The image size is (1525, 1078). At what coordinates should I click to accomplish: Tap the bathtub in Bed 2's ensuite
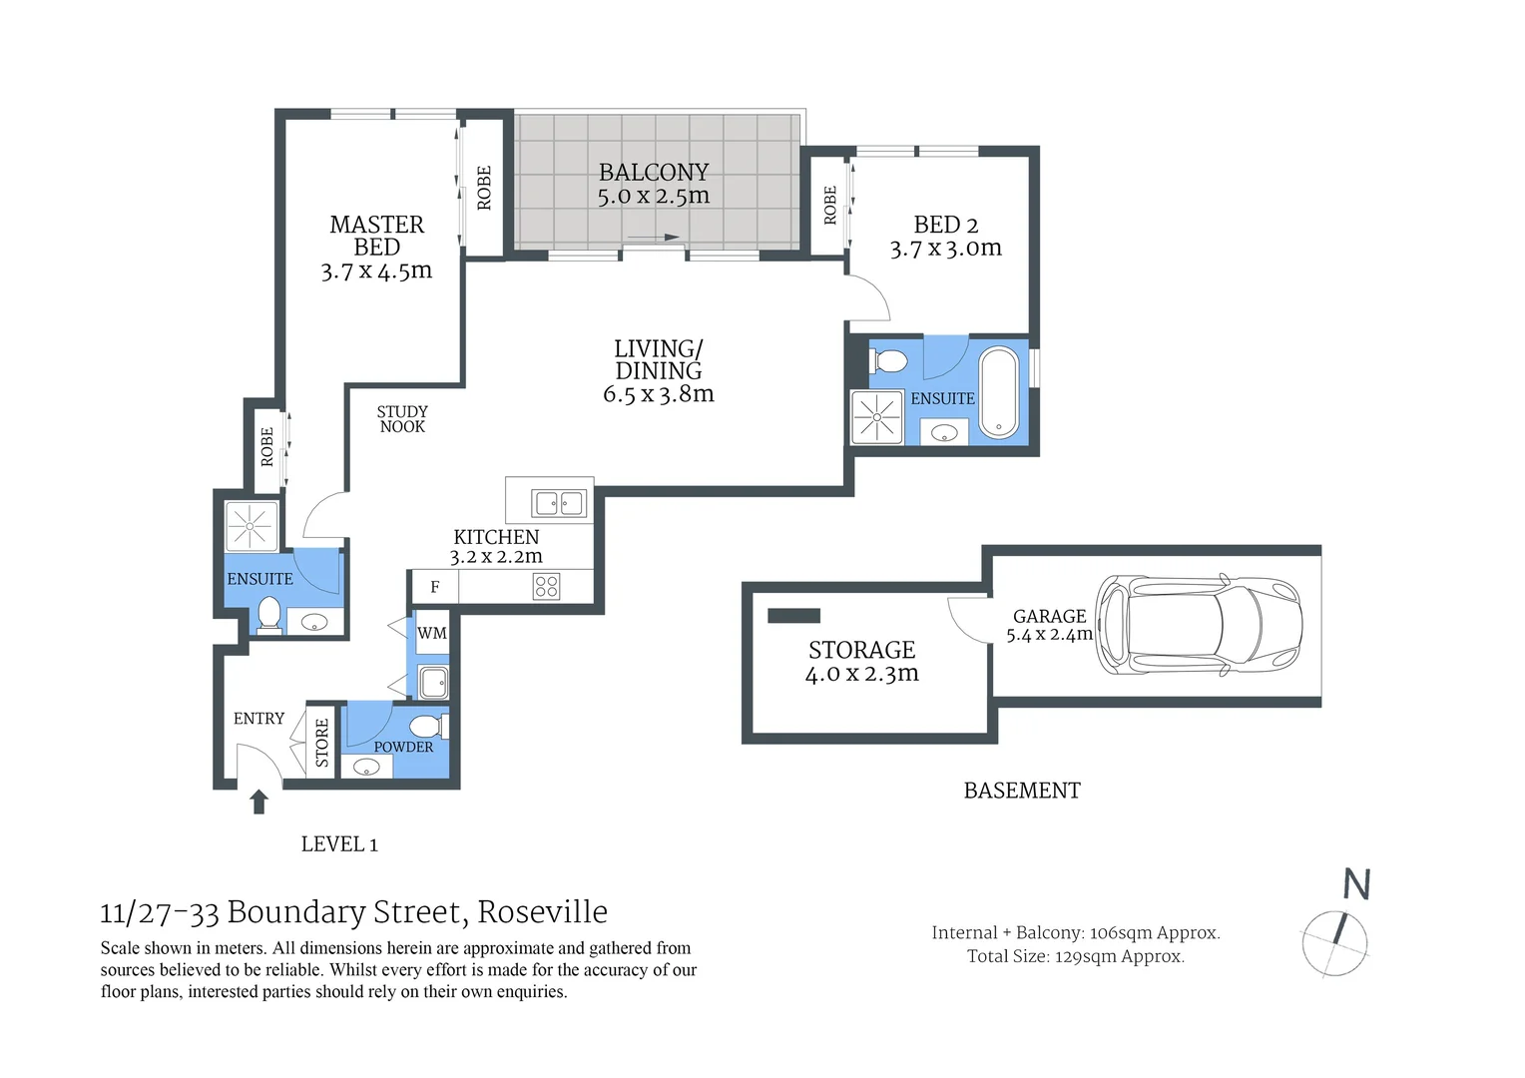tap(998, 392)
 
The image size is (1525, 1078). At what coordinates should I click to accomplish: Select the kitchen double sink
tap(559, 503)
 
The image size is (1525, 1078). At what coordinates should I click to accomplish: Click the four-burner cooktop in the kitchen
tap(546, 586)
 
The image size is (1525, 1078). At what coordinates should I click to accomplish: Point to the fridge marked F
tap(434, 587)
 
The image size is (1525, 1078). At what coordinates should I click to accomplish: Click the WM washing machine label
tap(432, 633)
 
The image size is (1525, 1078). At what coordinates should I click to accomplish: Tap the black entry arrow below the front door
tap(259, 802)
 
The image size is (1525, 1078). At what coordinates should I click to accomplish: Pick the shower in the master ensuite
tap(252, 526)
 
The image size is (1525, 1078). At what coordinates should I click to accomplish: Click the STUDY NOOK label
tap(402, 419)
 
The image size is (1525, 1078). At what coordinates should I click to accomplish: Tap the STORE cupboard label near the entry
tap(322, 743)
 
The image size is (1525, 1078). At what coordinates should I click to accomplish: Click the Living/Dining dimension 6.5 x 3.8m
tap(658, 394)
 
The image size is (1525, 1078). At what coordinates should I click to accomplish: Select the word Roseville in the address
tap(542, 911)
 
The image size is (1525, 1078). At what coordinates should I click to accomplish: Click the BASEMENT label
tap(1022, 791)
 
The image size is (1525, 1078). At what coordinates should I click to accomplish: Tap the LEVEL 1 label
tap(339, 844)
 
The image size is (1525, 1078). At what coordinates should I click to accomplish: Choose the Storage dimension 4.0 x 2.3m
tap(861, 674)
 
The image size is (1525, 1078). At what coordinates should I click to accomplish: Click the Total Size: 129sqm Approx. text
tap(1075, 956)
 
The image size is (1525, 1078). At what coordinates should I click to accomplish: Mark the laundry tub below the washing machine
tap(434, 683)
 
